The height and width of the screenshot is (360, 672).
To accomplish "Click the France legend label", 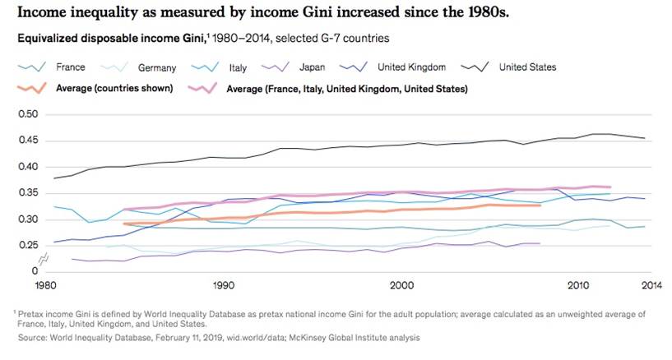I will click(x=70, y=67).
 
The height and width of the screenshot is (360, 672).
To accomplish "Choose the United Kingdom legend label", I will click(x=411, y=67).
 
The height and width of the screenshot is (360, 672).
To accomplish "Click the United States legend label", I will click(x=528, y=67).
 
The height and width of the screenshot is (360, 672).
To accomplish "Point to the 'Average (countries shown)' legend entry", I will click(x=114, y=88).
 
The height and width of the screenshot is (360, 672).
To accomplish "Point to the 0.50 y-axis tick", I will click(x=27, y=114).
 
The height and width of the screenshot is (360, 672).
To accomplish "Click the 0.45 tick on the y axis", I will click(x=27, y=141).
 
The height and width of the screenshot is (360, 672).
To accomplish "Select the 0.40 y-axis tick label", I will click(x=27, y=167).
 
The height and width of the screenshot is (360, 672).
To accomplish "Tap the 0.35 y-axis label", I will click(x=27, y=193).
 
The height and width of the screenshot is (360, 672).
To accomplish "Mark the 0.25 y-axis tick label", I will click(x=27, y=246).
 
